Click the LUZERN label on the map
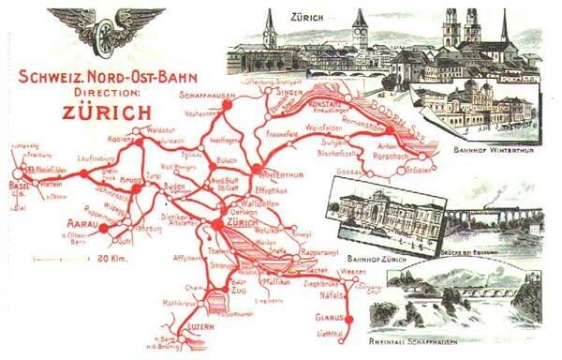(202, 325)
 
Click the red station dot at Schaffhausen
(225, 105)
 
